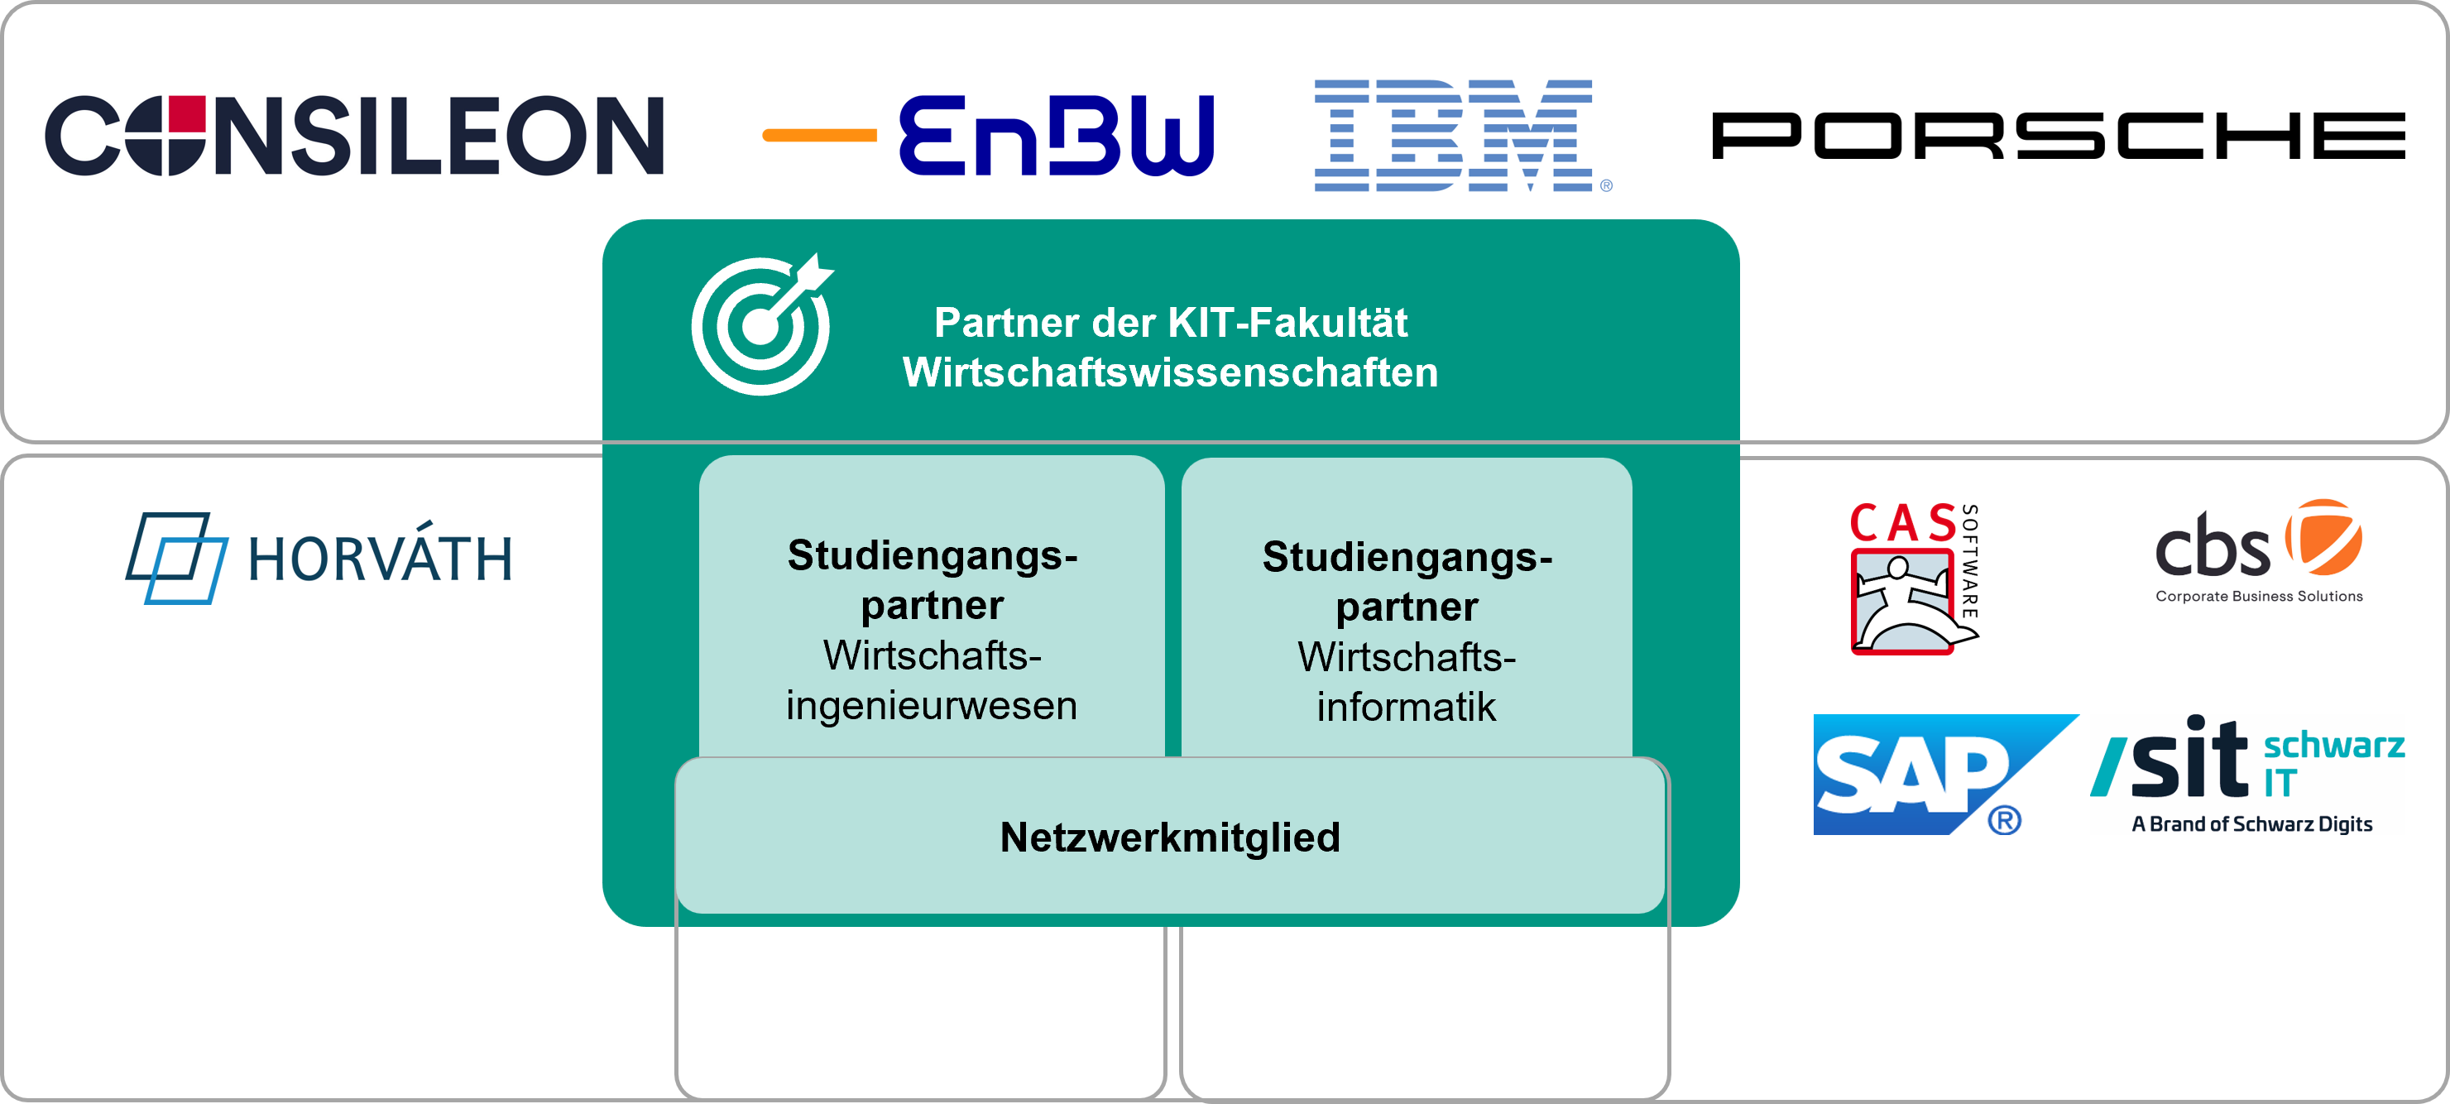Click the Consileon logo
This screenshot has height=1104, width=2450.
click(354, 135)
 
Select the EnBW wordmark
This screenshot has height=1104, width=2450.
click(1056, 135)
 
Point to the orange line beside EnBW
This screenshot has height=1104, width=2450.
click(819, 136)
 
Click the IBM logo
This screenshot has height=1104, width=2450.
click(1462, 135)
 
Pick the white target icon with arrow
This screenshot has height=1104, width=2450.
click(762, 324)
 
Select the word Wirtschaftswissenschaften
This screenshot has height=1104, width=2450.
click(1170, 372)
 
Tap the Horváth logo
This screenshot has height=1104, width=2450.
click(318, 558)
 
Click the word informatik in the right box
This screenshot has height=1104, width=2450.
click(1406, 708)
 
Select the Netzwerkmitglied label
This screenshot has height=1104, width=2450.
click(1170, 838)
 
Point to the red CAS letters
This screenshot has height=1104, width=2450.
click(1903, 523)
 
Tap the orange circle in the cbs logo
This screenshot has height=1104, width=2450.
click(2323, 537)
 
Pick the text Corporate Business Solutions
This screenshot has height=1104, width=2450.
click(2259, 596)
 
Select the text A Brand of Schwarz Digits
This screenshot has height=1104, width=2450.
click(2251, 823)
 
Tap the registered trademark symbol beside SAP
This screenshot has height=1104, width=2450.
click(2004, 818)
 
